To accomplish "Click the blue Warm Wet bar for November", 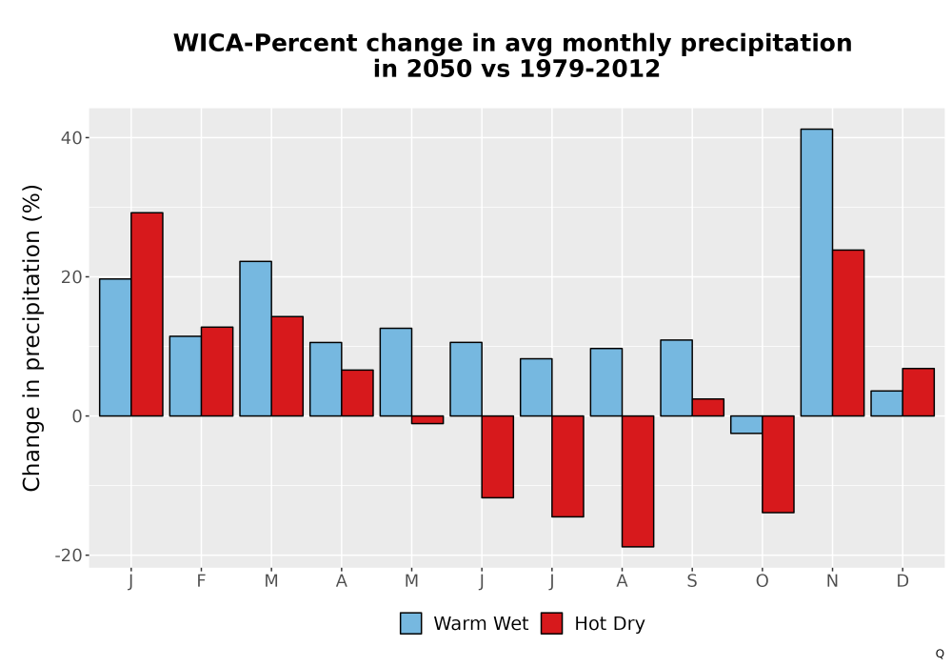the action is click(817, 273).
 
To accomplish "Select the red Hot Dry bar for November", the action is click(848, 333).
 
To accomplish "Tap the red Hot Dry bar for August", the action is click(638, 481).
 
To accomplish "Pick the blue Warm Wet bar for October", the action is click(746, 425).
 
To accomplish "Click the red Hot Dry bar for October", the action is click(778, 464).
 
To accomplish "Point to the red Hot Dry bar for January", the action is click(147, 314).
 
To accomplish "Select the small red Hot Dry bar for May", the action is click(427, 420).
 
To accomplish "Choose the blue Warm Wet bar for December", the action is click(886, 403).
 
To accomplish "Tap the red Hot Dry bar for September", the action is click(708, 408).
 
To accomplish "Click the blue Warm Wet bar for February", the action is click(186, 376).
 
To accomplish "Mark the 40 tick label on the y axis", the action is click(71, 138).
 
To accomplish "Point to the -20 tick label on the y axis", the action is click(68, 556).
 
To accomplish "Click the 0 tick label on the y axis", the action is click(77, 416).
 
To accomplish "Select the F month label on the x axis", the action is click(201, 581).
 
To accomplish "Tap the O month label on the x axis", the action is click(762, 581).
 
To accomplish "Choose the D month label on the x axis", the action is click(902, 581).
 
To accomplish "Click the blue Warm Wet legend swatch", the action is click(411, 623).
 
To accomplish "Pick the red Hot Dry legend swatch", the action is click(551, 623).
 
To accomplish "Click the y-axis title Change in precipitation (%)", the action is click(31, 337).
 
